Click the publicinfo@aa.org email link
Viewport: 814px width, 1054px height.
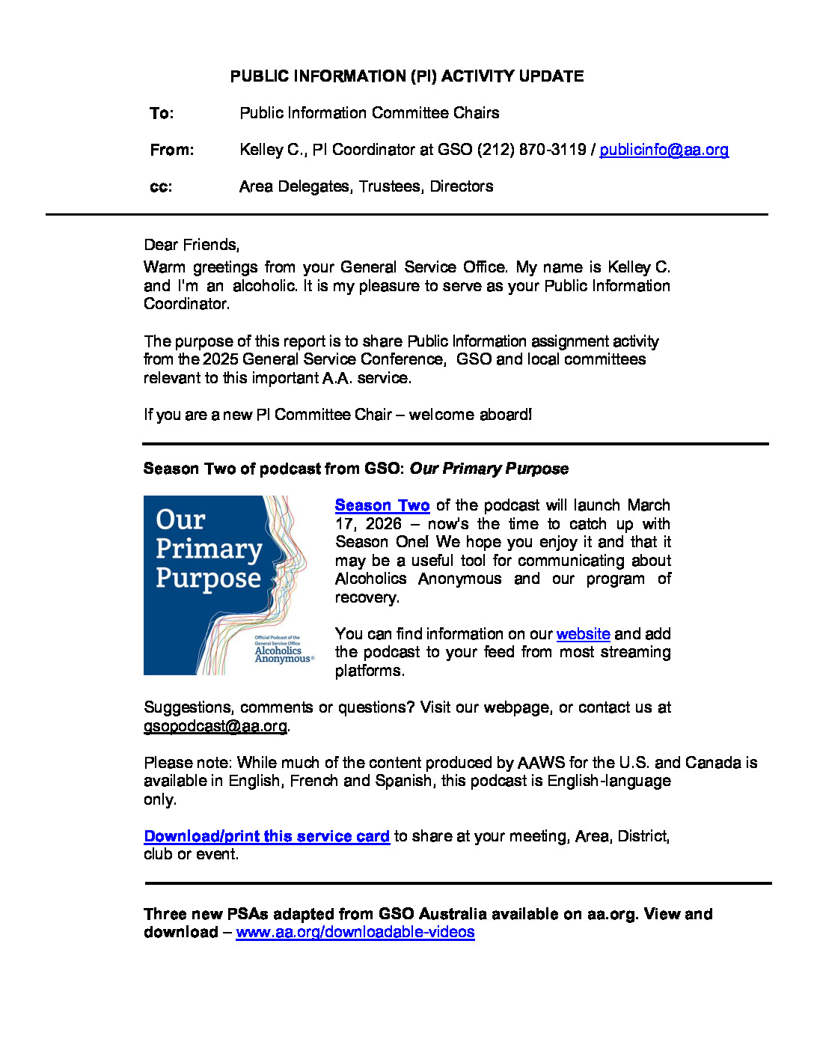(x=664, y=150)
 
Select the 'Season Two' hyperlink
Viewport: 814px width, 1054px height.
(x=382, y=505)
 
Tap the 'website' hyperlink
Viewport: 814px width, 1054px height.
(x=583, y=634)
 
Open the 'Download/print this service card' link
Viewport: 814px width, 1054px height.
(x=266, y=836)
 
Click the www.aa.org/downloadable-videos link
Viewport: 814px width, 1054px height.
(x=355, y=932)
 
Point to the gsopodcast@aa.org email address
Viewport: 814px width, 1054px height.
(x=215, y=726)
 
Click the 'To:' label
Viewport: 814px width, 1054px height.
(x=162, y=113)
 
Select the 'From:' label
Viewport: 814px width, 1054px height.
(x=171, y=150)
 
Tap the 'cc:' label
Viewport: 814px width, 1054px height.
(x=161, y=186)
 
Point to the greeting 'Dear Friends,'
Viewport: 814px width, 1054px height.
(x=192, y=245)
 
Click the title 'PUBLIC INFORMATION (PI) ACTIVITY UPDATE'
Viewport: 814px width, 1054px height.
(x=407, y=76)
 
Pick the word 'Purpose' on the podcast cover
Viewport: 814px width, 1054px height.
(x=208, y=579)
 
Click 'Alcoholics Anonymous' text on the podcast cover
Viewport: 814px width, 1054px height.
(x=282, y=654)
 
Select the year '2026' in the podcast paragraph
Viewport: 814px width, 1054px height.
(x=383, y=524)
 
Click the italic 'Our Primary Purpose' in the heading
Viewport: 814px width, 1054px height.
(x=489, y=469)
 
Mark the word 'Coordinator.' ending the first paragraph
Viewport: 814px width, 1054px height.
(x=186, y=304)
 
